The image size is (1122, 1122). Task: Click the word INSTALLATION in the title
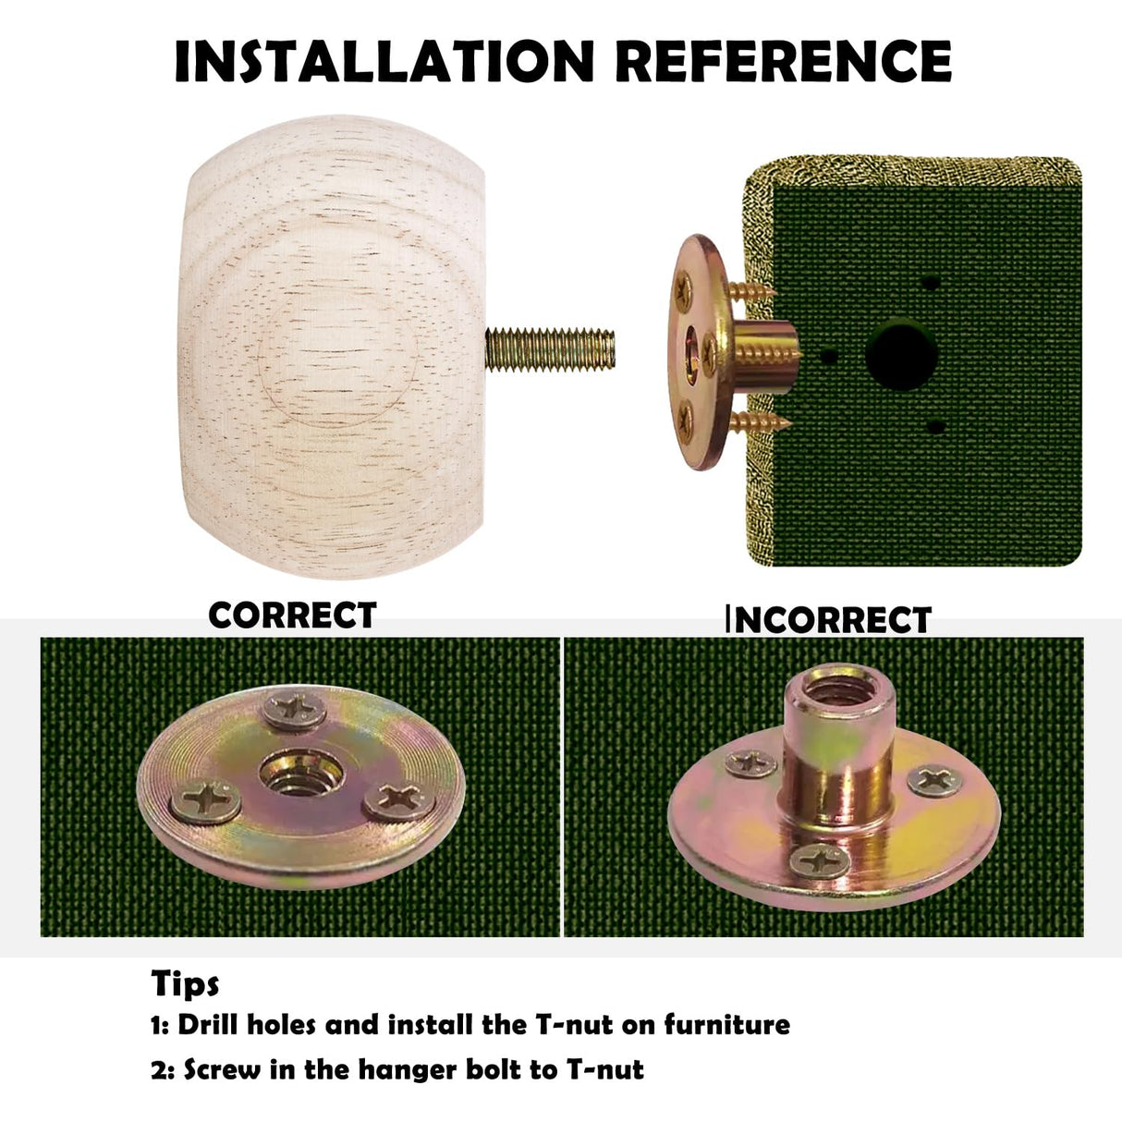pyautogui.click(x=384, y=61)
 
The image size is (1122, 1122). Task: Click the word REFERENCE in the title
pyautogui.click(x=784, y=61)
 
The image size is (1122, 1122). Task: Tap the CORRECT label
pyautogui.click(x=292, y=615)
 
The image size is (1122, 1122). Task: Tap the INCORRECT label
pyautogui.click(x=829, y=619)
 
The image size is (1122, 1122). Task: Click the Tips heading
pyautogui.click(x=185, y=983)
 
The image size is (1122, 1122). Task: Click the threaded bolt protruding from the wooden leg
pyautogui.click(x=550, y=349)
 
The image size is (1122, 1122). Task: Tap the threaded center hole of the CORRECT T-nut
pyautogui.click(x=301, y=774)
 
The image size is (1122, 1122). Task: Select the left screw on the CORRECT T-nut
pyautogui.click(x=205, y=801)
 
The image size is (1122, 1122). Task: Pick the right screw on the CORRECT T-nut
pyautogui.click(x=399, y=799)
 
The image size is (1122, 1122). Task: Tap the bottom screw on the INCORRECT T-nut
pyautogui.click(x=820, y=861)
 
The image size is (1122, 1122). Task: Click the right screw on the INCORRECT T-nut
pyautogui.click(x=934, y=781)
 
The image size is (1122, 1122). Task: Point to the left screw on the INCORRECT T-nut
pyautogui.click(x=751, y=763)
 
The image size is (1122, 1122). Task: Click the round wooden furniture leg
pyautogui.click(x=331, y=347)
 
